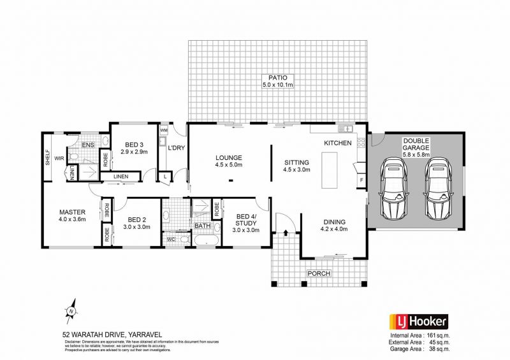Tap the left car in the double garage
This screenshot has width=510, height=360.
coord(395,189)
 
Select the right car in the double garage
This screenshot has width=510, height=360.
coord(438,189)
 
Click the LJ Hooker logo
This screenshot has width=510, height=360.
coord(418,322)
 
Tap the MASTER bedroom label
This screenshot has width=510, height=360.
coord(72,212)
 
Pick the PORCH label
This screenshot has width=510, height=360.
coord(319,273)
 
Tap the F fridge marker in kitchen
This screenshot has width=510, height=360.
coord(361,181)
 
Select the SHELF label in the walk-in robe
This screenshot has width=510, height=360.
coord(48,157)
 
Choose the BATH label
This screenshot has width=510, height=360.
coord(202,225)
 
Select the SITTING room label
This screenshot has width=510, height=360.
coord(296,162)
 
